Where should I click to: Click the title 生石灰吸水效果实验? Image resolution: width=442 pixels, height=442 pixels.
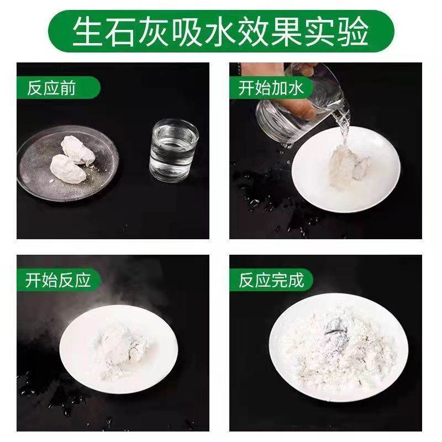click(220, 31)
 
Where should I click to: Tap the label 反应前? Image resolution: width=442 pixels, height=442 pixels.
click(51, 88)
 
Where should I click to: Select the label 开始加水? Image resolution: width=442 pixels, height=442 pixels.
click(271, 88)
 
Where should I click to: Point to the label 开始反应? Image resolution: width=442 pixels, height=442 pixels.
click(58, 280)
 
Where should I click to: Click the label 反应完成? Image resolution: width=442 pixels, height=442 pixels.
click(271, 280)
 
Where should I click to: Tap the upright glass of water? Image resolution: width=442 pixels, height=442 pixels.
click(174, 151)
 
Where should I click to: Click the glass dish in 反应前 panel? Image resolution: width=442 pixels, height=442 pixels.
click(67, 164)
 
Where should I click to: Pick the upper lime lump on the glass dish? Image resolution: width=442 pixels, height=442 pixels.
click(77, 150)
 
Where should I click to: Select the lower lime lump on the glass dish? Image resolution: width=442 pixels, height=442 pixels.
click(68, 169)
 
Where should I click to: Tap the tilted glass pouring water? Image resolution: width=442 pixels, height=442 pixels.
click(303, 104)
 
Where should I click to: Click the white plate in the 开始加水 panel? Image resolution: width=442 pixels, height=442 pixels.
click(346, 170)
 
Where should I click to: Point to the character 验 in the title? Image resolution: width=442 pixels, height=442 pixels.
click(354, 31)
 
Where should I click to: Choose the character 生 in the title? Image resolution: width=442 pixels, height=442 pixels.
click(88, 31)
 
